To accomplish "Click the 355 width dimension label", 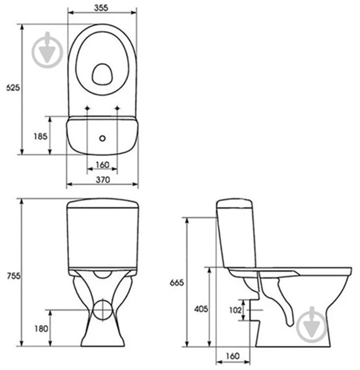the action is (101, 8).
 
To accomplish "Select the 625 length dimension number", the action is (13, 88).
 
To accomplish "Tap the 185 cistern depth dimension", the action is (40, 136).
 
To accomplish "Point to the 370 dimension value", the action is (103, 180).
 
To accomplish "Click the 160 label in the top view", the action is (102, 165).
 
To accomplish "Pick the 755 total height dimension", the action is (13, 276).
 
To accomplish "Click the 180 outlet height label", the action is (41, 329).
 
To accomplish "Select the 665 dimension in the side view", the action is (177, 282).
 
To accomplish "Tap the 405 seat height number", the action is (201, 309).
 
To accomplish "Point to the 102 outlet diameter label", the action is (235, 310).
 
